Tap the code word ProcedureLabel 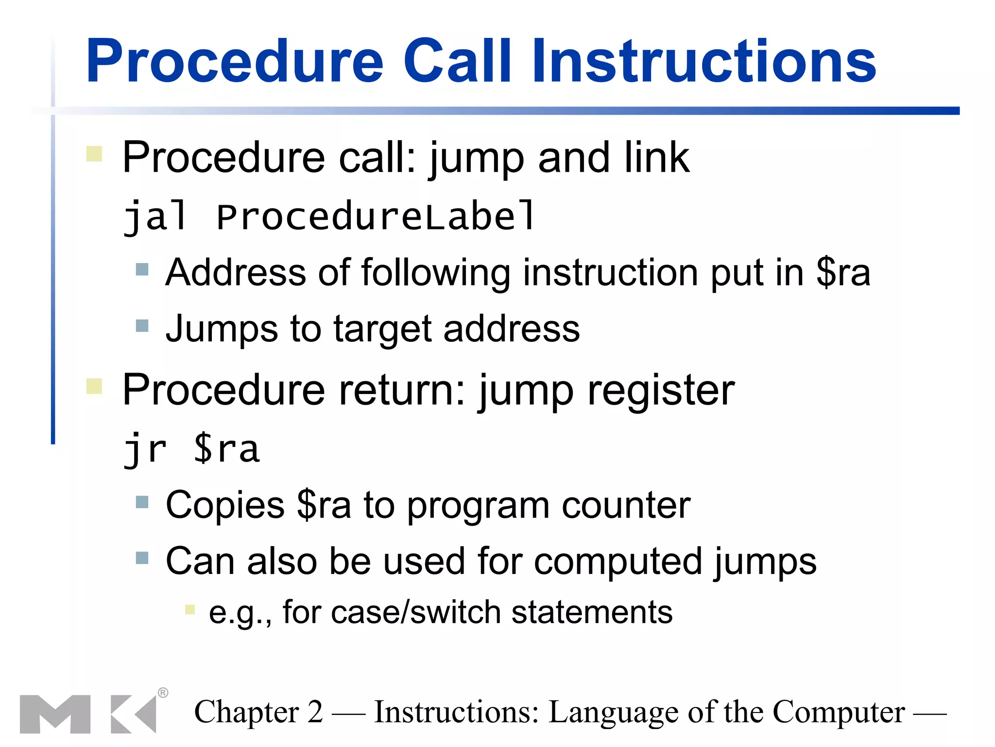point(376,217)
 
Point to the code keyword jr point(145,449)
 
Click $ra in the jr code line point(226,449)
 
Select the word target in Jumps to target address point(382,329)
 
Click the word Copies point(225,505)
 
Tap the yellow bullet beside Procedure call point(94,154)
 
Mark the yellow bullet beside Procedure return point(94,386)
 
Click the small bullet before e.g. point(190,609)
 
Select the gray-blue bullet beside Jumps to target point(142,325)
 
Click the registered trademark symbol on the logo point(163,693)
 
